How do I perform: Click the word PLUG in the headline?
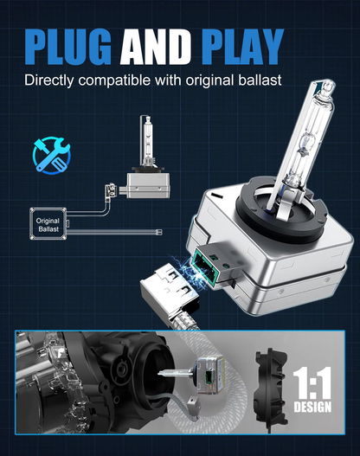pyautogui.click(x=67, y=47)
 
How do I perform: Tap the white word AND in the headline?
pyautogui.click(x=156, y=47)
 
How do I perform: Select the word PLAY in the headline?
pyautogui.click(x=242, y=47)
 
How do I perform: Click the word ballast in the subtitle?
pyautogui.click(x=260, y=80)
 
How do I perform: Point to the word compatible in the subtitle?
pyautogui.click(x=114, y=80)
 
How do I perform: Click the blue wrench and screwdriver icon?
pyautogui.click(x=51, y=156)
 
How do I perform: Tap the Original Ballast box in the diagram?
pyautogui.click(x=48, y=223)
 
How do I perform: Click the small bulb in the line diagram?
pyautogui.click(x=148, y=157)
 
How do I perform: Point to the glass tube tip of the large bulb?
pyautogui.click(x=325, y=87)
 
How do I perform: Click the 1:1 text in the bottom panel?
pyautogui.click(x=312, y=382)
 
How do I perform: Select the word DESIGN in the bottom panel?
pyautogui.click(x=312, y=407)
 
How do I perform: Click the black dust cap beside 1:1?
pyautogui.click(x=271, y=389)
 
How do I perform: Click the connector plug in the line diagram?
pyautogui.click(x=110, y=190)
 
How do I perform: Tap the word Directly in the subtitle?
pyautogui.click(x=48, y=80)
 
